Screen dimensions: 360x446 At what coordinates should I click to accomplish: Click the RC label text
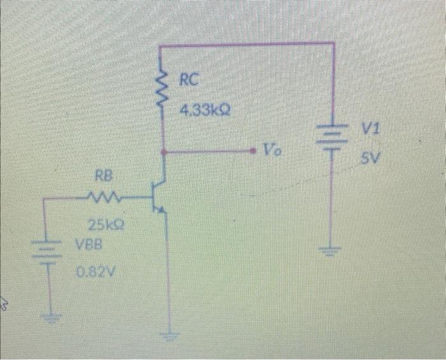tap(189, 80)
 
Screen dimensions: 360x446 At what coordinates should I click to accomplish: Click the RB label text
tap(103, 175)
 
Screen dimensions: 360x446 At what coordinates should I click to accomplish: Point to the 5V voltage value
tap(370, 159)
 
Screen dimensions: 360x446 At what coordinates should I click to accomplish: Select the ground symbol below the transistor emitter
tap(169, 333)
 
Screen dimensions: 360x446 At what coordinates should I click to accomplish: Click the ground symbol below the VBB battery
tap(47, 315)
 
